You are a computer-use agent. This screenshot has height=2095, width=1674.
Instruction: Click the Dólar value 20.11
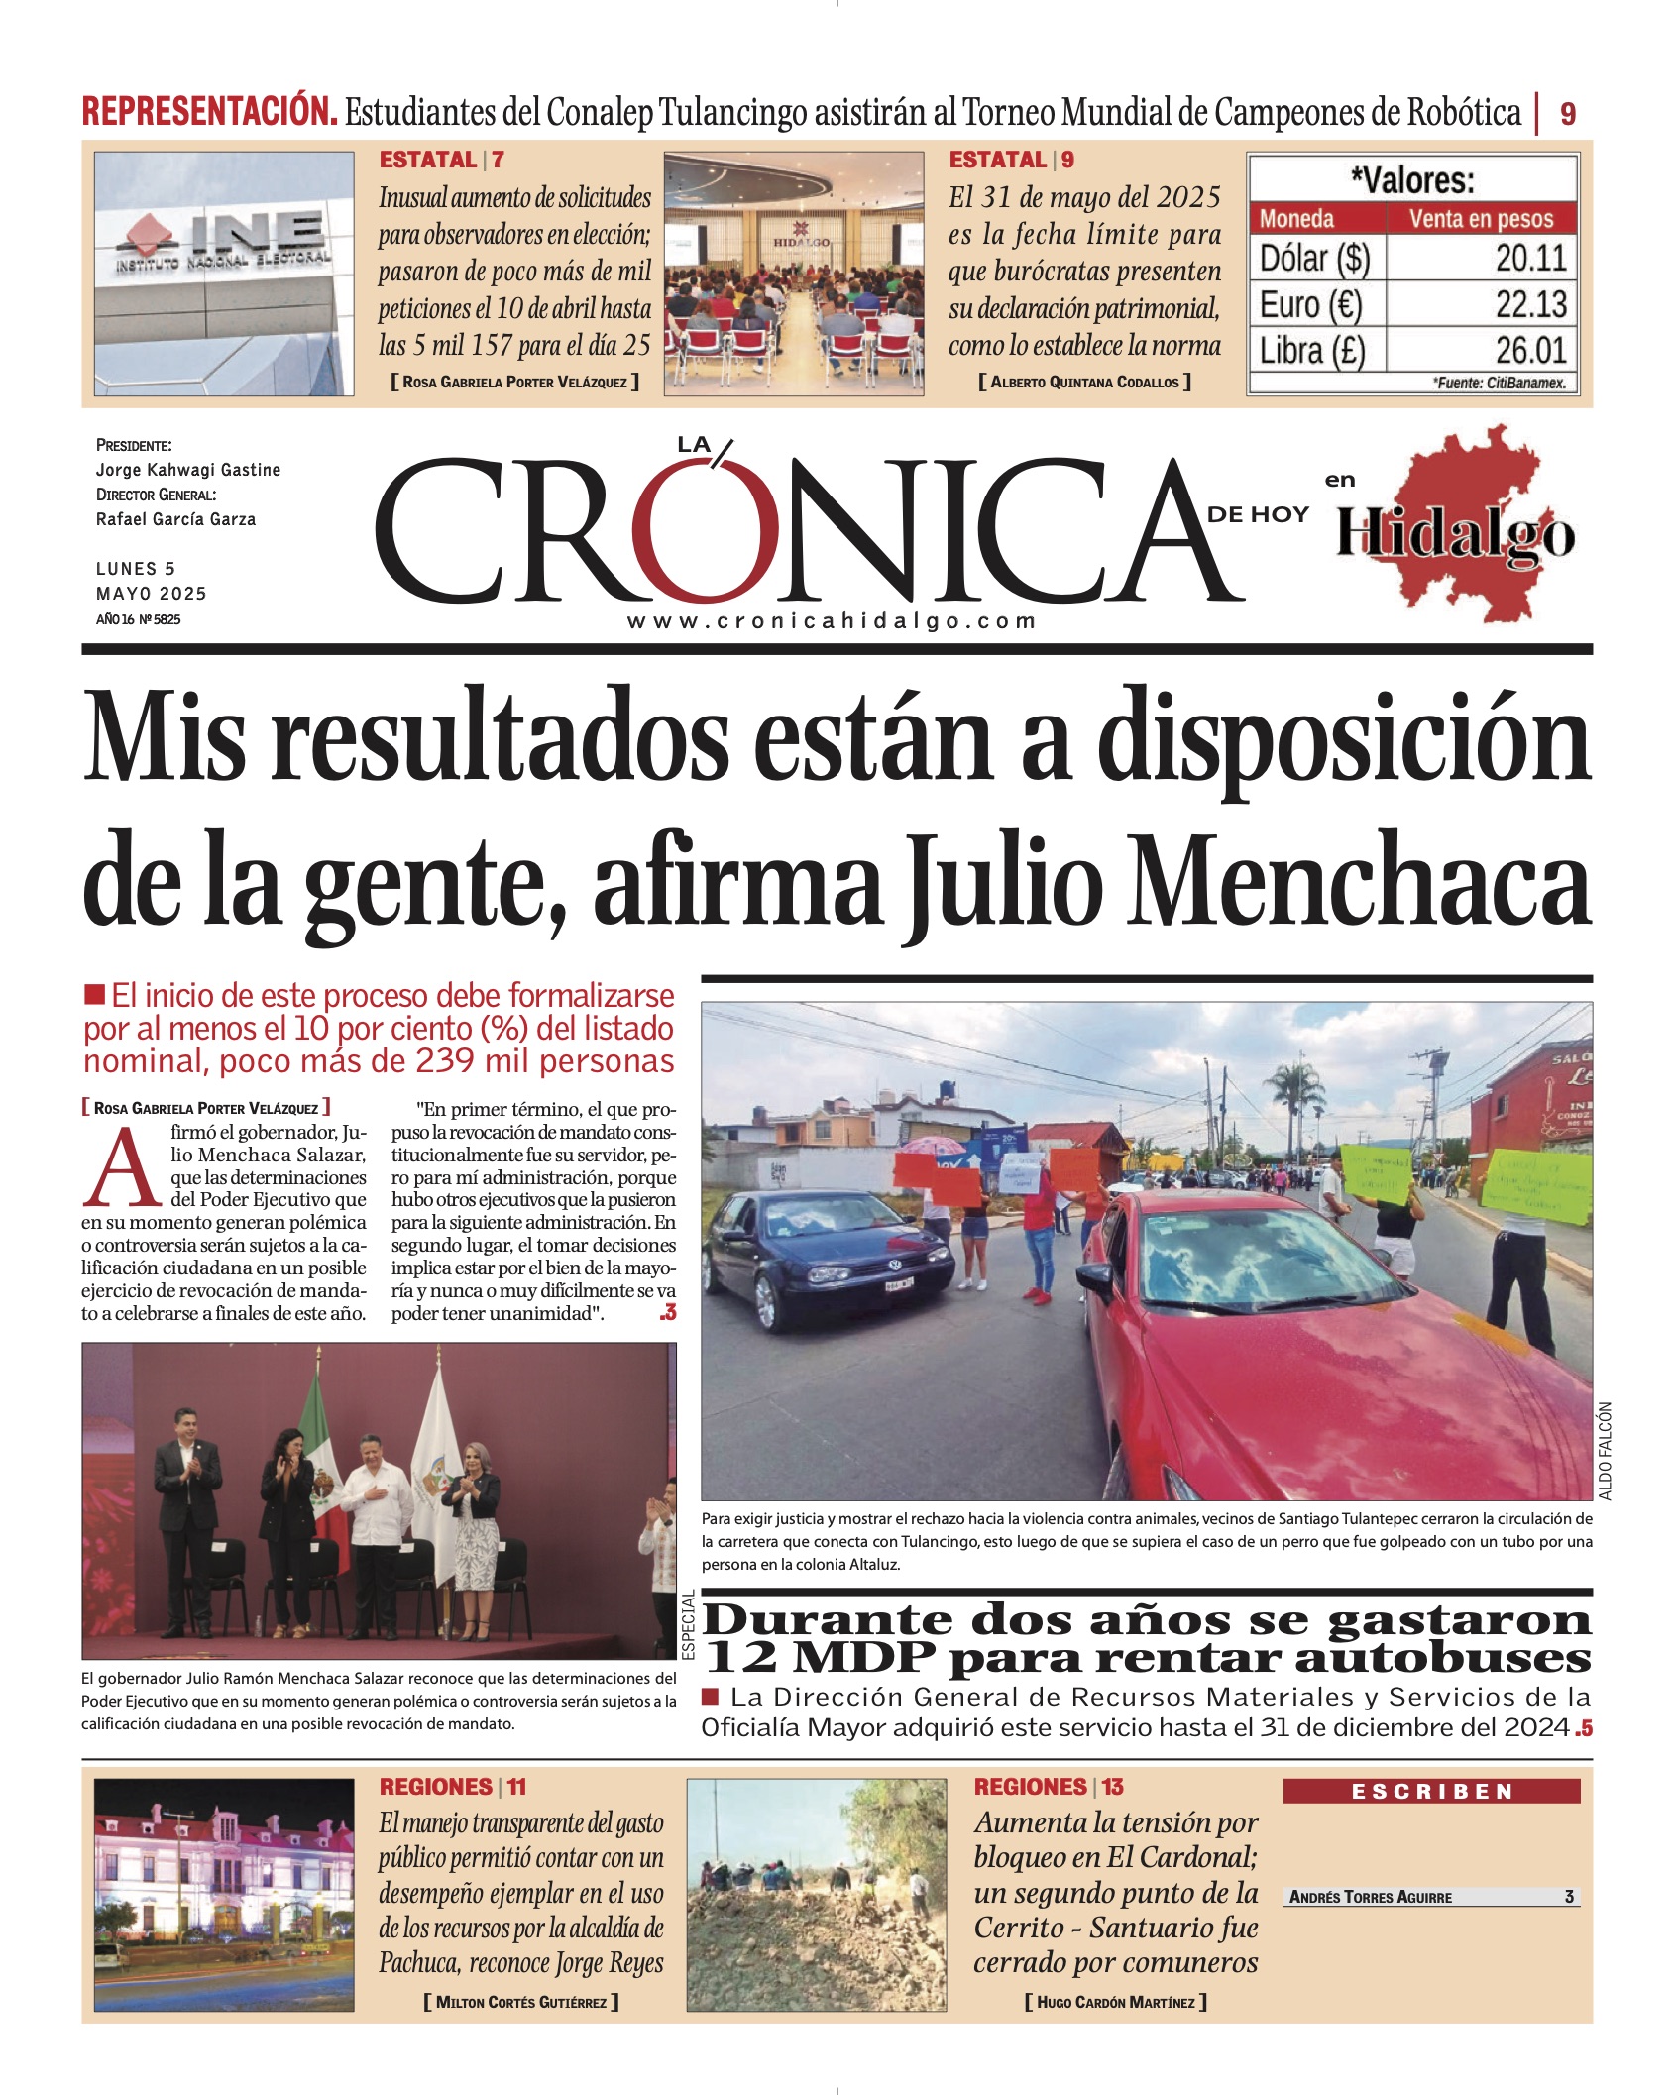pos(1530,259)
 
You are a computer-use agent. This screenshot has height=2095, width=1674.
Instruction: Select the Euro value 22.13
pos(1530,304)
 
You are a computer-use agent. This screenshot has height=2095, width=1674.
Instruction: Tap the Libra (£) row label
pos(1312,351)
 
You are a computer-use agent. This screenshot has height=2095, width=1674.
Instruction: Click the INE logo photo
pos(223,273)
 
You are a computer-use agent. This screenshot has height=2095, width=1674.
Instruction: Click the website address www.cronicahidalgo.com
pos(831,621)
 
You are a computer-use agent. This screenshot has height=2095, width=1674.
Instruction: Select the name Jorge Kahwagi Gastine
pos(188,470)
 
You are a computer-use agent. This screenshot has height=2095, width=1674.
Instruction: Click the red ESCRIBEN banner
pos(1430,1791)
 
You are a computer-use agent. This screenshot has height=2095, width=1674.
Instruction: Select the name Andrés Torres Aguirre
pos(1370,1897)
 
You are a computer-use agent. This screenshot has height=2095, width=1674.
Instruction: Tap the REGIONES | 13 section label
pos(1049,1787)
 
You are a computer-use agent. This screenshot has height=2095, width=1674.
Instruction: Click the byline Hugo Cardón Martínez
pos(1115,2002)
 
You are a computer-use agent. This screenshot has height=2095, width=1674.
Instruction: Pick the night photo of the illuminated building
pos(224,1895)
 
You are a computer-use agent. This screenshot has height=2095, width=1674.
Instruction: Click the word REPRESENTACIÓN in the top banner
pos(209,111)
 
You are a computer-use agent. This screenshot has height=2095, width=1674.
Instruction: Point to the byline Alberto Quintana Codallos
pos(1083,382)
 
